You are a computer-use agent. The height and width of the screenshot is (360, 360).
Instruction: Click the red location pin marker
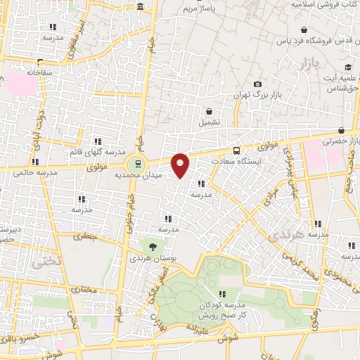click(181, 165)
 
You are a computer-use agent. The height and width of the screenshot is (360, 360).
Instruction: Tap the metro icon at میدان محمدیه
click(138, 164)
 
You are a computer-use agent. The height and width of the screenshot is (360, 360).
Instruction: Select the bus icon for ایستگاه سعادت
click(236, 150)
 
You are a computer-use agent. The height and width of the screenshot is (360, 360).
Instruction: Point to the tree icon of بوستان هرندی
click(153, 246)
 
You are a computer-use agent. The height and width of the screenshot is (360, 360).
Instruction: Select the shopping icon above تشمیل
click(209, 111)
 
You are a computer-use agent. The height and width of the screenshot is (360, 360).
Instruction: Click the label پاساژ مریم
click(198, 8)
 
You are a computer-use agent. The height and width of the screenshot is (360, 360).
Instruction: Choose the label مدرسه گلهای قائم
click(98, 153)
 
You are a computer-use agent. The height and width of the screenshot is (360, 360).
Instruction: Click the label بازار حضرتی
click(341, 141)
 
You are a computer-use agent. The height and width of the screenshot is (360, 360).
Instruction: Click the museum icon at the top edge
click(141, 7)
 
